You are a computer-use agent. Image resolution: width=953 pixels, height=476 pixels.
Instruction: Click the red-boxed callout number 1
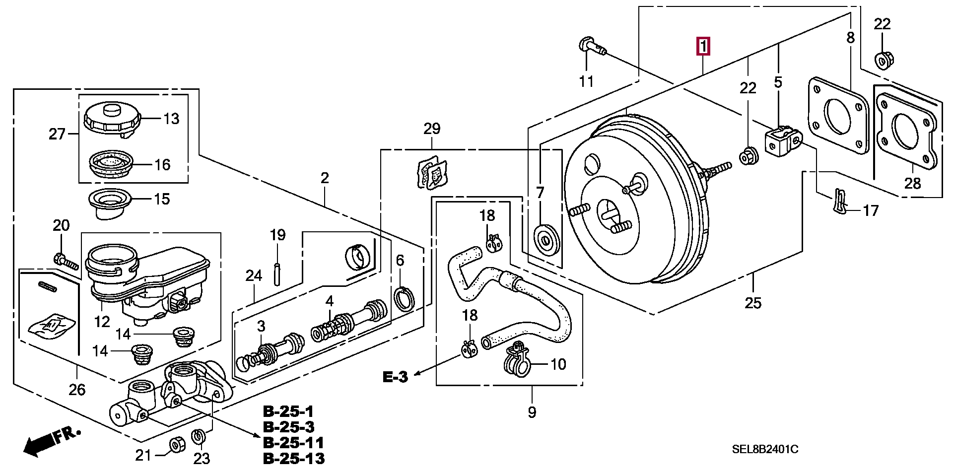pyautogui.click(x=703, y=47)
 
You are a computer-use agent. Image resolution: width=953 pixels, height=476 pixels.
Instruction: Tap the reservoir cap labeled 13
pyautogui.click(x=113, y=120)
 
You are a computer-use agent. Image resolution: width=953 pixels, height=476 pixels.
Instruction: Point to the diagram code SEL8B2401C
pyautogui.click(x=765, y=450)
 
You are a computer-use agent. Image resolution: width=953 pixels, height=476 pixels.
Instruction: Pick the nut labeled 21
pyautogui.click(x=177, y=445)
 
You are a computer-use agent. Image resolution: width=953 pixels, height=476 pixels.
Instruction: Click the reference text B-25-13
pyautogui.click(x=294, y=458)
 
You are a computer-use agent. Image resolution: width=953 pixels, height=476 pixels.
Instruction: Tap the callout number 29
pyautogui.click(x=432, y=129)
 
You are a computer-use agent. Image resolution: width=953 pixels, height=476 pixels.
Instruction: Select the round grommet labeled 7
pyautogui.click(x=546, y=240)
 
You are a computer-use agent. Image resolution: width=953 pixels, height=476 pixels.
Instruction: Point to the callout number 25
pyautogui.click(x=753, y=303)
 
